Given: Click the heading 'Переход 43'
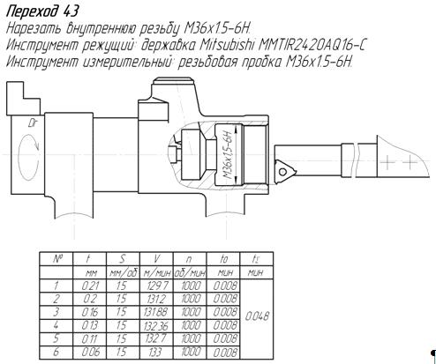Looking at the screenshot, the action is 42,11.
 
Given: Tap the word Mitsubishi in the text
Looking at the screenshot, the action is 227,45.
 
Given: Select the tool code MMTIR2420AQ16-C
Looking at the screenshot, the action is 312,45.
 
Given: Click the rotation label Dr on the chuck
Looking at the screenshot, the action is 32,123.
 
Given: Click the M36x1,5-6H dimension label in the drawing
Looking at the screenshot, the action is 229,155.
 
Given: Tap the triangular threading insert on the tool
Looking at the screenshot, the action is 284,171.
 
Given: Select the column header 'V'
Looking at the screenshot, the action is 156,259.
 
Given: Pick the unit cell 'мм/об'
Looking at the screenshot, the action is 124,273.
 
